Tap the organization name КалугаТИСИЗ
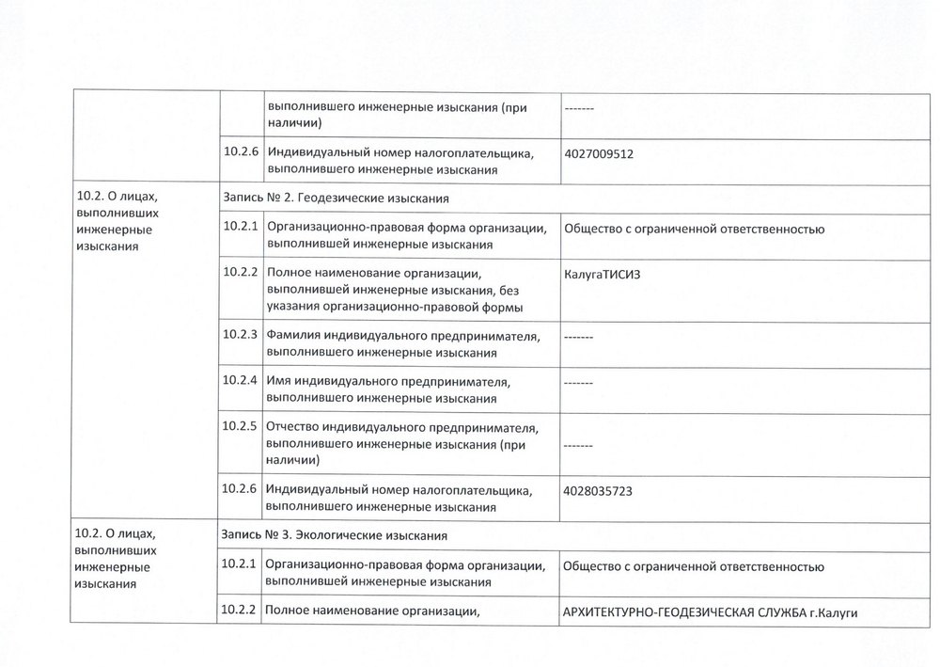[x=606, y=275]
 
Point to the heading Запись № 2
[x=254, y=199]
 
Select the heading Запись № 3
[x=254, y=535]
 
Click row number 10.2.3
[x=241, y=334]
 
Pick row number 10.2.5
[x=241, y=425]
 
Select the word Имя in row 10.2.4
[x=279, y=381]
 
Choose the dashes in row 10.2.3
[x=577, y=337]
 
